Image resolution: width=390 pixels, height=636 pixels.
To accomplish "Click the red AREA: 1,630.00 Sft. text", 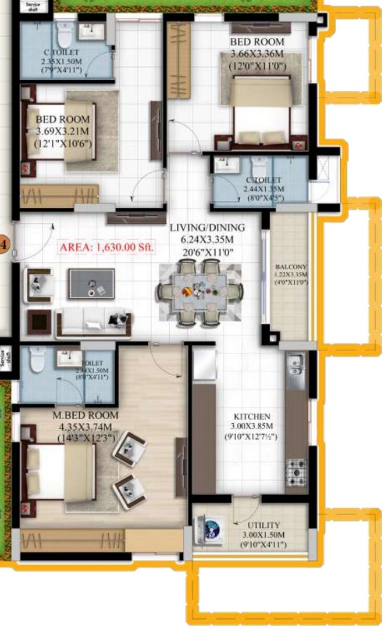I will pos(107,248).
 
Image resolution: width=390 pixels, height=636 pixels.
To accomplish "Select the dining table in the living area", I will pos(201,293).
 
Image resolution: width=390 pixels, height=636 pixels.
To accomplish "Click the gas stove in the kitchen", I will pos(297,471).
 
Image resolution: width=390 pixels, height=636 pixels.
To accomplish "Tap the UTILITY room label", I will pos(261,525).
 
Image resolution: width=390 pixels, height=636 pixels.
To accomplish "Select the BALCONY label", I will pos(291,267).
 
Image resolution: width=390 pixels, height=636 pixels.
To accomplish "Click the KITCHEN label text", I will pos(252,417).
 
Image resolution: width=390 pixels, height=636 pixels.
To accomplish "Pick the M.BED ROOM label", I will pos(86,415).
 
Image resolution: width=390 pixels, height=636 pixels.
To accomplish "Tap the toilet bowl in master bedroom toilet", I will pos(36,360).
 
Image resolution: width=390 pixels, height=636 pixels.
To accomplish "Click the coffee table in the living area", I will pos(92,283).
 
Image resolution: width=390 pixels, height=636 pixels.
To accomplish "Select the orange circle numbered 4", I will pos(4,244).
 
